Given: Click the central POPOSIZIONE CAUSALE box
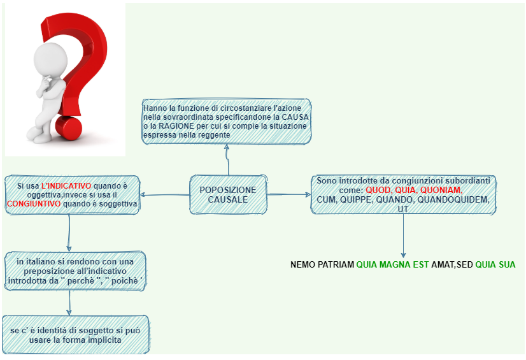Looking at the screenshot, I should click(228, 194).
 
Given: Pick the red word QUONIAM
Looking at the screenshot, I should click(441, 191).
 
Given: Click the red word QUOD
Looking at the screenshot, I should click(377, 191).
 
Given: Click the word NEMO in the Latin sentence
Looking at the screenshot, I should click(302, 264).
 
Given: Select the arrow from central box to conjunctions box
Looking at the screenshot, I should click(289, 194).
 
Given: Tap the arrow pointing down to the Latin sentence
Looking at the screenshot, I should click(403, 236).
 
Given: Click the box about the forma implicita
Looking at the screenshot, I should click(75, 333).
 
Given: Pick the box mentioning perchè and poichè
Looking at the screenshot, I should click(75, 271).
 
